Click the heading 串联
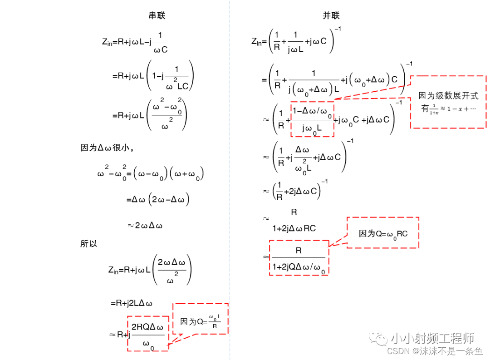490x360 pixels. click(157, 15)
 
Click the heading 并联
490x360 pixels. click(331, 15)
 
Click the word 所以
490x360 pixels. click(89, 244)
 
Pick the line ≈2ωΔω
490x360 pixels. click(145, 225)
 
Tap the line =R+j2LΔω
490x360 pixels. click(131, 303)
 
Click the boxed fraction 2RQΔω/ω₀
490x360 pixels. click(148, 334)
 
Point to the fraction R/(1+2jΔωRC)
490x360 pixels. click(294, 220)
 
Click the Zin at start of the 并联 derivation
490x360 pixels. click(257, 41)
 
